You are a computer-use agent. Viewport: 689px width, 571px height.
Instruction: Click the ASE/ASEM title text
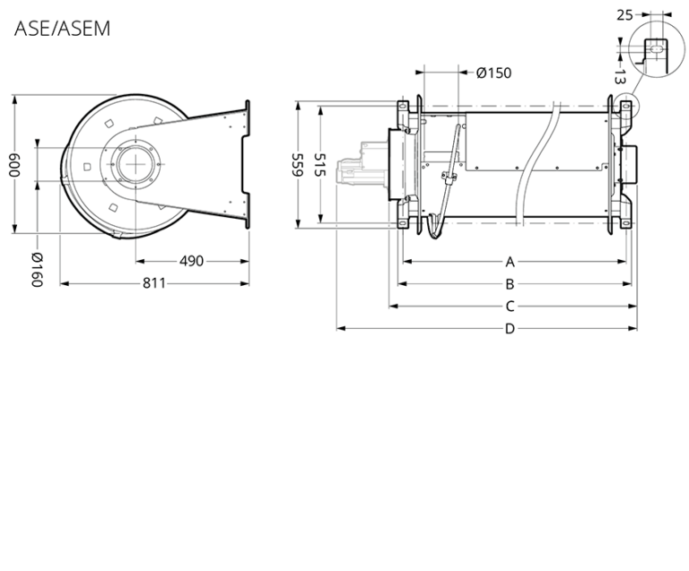(x=62, y=29)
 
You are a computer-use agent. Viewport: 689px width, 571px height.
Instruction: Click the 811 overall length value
(x=154, y=283)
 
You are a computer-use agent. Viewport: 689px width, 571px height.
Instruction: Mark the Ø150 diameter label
(x=493, y=73)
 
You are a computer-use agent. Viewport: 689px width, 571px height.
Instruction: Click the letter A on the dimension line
(x=510, y=262)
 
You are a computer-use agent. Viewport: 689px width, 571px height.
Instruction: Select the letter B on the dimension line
(x=510, y=284)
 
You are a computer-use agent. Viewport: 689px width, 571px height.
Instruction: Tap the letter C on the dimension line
(x=510, y=307)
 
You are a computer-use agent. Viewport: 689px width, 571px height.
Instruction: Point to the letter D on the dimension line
(x=510, y=329)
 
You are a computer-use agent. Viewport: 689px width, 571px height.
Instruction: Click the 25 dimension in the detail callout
(x=624, y=14)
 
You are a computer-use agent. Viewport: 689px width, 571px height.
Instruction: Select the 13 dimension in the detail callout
(x=620, y=77)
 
